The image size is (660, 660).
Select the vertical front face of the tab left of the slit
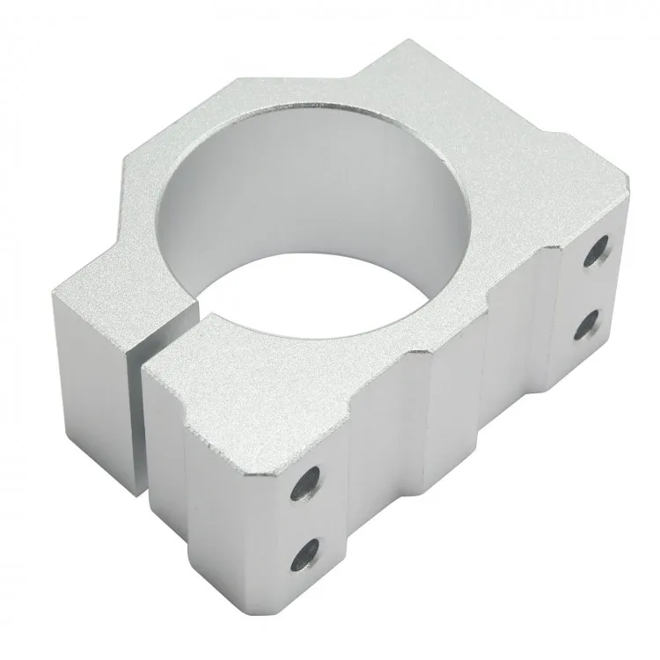[92, 361]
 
